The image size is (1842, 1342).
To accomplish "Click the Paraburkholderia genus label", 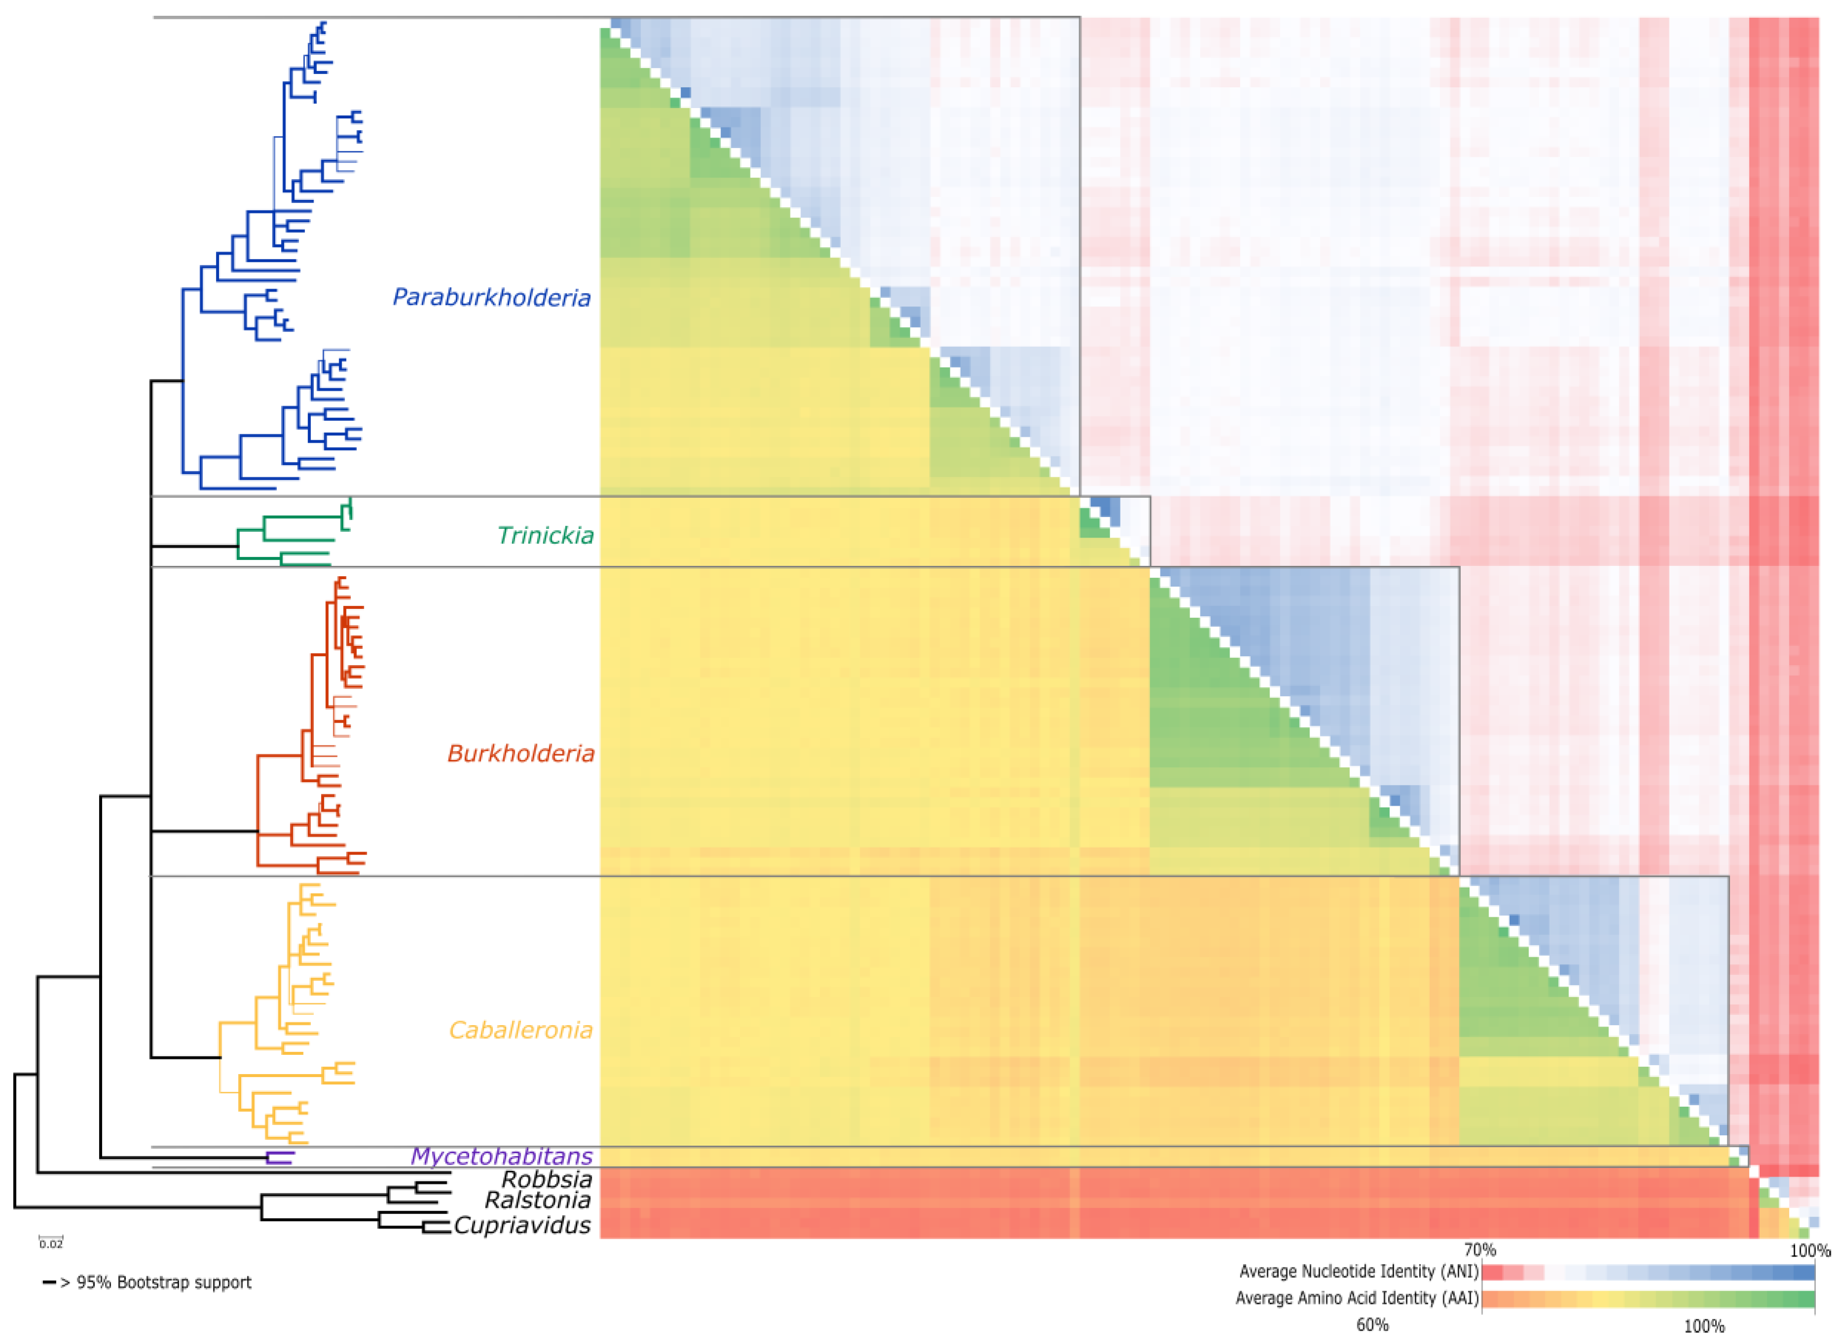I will point(491,298).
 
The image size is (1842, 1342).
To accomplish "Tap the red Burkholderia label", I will point(521,754).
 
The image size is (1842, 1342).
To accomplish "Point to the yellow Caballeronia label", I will point(521,1030).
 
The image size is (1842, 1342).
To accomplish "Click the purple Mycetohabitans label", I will point(501,1156).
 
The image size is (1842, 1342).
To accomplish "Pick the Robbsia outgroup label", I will point(546,1180).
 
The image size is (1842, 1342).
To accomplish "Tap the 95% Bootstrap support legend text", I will point(163,1283).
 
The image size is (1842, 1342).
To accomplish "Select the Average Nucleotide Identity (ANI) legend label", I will point(1358,1272).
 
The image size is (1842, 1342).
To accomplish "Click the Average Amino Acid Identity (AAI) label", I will point(1356,1298).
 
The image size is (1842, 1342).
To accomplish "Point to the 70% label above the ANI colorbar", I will point(1480,1250).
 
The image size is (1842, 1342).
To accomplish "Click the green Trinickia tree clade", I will point(292,536).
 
